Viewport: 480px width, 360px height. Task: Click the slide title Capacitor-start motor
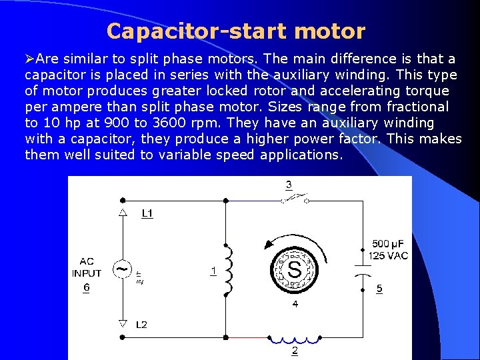pyautogui.click(x=235, y=31)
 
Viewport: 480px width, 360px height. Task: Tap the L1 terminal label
pyautogui.click(x=147, y=213)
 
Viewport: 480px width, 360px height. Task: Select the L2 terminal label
pyautogui.click(x=141, y=325)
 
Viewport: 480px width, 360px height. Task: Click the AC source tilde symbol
pyautogui.click(x=123, y=269)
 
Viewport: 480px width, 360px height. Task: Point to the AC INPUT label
pyautogui.click(x=87, y=267)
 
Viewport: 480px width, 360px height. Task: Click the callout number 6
pyautogui.click(x=87, y=287)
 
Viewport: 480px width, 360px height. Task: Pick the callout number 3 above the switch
pyautogui.click(x=288, y=185)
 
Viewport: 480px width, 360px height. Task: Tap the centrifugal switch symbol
pyautogui.click(x=295, y=199)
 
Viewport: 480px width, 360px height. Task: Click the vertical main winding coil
pyautogui.click(x=230, y=270)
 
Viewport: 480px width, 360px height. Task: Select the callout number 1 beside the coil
pyautogui.click(x=213, y=271)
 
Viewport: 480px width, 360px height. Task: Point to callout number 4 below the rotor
pyautogui.click(x=295, y=304)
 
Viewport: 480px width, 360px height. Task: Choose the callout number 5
pyautogui.click(x=379, y=289)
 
